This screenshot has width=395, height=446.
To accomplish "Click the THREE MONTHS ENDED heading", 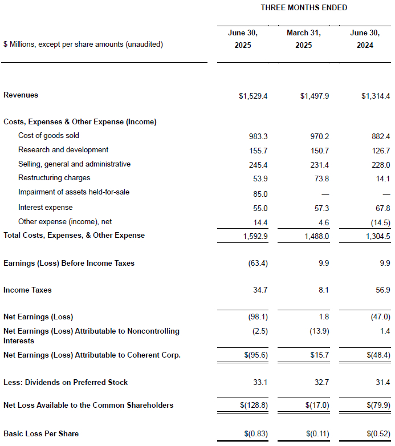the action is pyautogui.click(x=304, y=7).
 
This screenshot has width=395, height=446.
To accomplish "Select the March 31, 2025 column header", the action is pyautogui.click(x=303, y=39).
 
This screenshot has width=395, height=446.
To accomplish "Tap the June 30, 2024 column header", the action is pyautogui.click(x=365, y=39).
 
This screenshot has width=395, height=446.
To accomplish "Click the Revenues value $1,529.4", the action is pyautogui.click(x=253, y=96).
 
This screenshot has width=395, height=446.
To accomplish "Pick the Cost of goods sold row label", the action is pyautogui.click(x=48, y=135).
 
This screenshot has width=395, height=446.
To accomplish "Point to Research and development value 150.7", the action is pyautogui.click(x=320, y=151).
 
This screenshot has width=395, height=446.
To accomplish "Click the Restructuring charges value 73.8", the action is pyautogui.click(x=321, y=179).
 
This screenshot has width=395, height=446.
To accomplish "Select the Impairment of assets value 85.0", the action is pyautogui.click(x=260, y=194).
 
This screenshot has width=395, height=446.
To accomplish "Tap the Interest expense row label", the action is pyautogui.click(x=46, y=208).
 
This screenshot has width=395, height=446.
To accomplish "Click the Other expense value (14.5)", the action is pyautogui.click(x=381, y=222).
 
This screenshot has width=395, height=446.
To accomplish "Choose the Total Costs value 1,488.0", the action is pyautogui.click(x=317, y=236).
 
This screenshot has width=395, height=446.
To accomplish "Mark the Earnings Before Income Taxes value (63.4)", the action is pyautogui.click(x=258, y=263).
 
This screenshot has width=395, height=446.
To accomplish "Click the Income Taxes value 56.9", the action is pyautogui.click(x=383, y=290).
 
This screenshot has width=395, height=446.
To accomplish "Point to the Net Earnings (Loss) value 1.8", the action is pyautogui.click(x=324, y=317).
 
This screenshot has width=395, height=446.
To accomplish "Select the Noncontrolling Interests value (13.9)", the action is pyautogui.click(x=319, y=331).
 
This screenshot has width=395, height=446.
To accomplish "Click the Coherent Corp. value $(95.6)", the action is pyautogui.click(x=256, y=355).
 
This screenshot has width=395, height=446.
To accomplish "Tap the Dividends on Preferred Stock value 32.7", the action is pyautogui.click(x=321, y=382).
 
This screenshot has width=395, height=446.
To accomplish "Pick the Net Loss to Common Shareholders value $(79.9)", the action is pyautogui.click(x=378, y=405).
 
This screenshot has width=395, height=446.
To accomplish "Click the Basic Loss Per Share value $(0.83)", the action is pyautogui.click(x=256, y=434).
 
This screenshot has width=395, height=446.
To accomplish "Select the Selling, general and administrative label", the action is pyautogui.click(x=75, y=164).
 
